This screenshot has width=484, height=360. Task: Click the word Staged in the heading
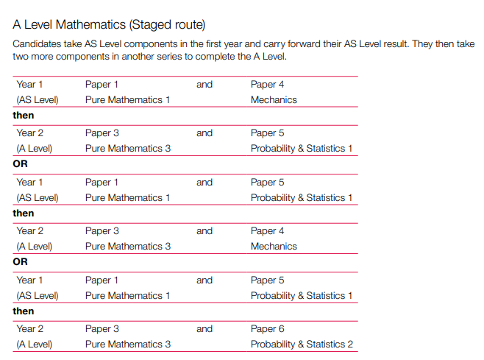(x=149, y=24)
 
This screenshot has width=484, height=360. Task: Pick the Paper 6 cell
(x=267, y=329)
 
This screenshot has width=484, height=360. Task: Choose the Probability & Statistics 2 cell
(x=302, y=344)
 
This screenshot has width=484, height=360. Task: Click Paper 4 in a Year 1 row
(x=267, y=85)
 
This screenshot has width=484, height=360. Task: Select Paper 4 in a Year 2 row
(x=267, y=231)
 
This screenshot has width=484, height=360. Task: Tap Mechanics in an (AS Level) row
(x=274, y=99)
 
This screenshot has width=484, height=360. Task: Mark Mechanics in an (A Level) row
(x=274, y=246)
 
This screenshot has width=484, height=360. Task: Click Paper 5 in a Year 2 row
(x=267, y=133)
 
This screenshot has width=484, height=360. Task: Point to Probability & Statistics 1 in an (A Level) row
(x=302, y=148)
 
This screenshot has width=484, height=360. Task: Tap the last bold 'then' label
(x=24, y=311)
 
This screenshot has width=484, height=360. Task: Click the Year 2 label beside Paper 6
(x=30, y=329)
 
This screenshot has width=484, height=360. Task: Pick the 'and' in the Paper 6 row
(x=204, y=329)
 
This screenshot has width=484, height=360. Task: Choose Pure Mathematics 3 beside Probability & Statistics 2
(x=128, y=344)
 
